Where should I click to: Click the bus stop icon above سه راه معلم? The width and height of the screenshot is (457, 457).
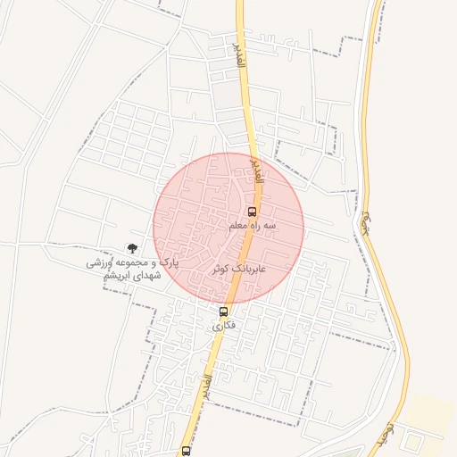(x=252, y=212)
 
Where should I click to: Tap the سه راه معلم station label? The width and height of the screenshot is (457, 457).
(x=253, y=227)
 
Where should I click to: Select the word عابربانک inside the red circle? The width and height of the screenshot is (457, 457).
(x=252, y=268)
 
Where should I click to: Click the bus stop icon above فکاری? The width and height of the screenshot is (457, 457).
(x=223, y=312)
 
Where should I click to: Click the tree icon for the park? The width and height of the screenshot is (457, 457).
(x=132, y=249)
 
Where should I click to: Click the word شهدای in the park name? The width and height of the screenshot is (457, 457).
(x=145, y=277)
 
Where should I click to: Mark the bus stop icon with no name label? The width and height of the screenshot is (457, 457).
(x=186, y=452)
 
